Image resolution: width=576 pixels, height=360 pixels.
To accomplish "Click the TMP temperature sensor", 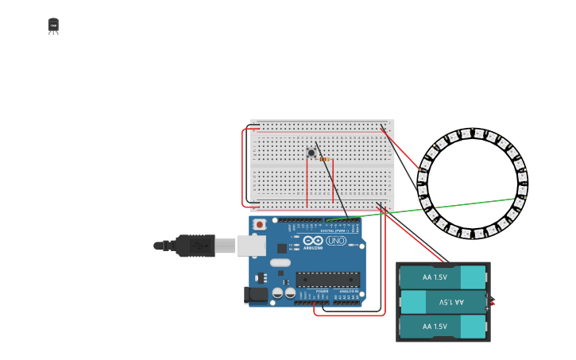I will coord(53,26).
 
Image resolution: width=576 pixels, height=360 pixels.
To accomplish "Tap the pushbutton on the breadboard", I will coord(311,153).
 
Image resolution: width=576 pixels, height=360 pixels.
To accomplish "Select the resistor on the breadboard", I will coord(324,159).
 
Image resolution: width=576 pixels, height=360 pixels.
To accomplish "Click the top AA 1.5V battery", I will coord(443,277).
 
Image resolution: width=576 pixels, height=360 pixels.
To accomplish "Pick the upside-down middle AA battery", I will coord(443,302).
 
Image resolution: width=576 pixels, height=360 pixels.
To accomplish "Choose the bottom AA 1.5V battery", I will coord(443,327).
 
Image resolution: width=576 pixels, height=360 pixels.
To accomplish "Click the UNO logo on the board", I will coord(336,240).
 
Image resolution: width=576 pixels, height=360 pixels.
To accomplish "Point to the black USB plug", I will coord(191,246).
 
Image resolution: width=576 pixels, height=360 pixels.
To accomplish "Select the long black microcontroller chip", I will coord(327,279).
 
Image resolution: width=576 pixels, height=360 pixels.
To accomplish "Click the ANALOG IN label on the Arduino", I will coord(348,292).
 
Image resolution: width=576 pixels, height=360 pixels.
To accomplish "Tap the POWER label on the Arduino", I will coord(322,292).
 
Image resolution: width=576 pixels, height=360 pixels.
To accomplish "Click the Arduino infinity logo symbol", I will coord(313,240).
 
